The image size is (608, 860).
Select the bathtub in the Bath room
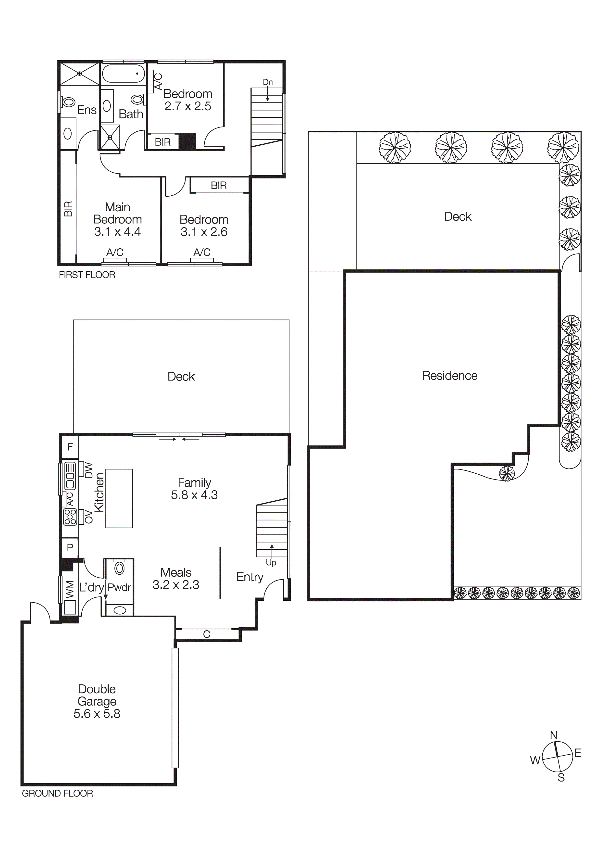point(123,74)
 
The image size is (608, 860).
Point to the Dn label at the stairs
point(268,82)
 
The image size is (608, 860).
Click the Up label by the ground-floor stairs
point(271,563)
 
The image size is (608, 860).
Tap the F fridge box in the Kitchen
point(70,447)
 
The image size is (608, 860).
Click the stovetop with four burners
point(70,517)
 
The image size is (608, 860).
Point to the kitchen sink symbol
point(70,476)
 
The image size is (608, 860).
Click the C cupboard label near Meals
point(207,634)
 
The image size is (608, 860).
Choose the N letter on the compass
point(554,736)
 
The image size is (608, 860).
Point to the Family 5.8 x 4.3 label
point(194,488)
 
